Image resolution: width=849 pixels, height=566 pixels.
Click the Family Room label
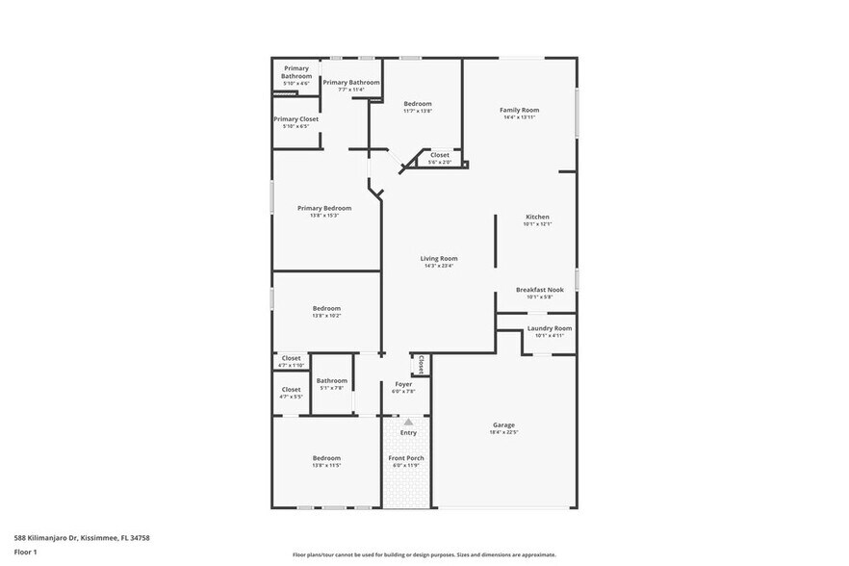coord(519,111)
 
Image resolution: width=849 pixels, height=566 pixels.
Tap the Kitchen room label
coord(536,217)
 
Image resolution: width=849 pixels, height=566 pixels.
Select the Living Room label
coord(438,258)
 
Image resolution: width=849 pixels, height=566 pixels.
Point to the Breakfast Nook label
coord(539,290)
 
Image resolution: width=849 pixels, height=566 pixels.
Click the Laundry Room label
coord(549,328)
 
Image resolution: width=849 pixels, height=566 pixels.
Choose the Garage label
coord(503,424)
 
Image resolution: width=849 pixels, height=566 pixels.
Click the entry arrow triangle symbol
coord(408,422)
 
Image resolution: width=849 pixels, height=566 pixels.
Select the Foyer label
coord(403,384)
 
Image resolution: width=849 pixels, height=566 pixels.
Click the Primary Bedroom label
coord(323,208)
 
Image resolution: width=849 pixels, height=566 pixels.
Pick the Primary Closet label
coord(296,119)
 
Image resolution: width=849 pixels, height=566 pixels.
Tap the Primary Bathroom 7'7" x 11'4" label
coord(350,83)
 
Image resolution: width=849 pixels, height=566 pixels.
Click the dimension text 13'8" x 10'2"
coord(325,316)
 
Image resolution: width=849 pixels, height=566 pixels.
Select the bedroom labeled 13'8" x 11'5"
coord(325,458)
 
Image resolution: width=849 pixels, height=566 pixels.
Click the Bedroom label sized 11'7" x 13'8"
coord(417,104)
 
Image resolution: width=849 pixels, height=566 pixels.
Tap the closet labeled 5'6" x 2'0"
coord(439,155)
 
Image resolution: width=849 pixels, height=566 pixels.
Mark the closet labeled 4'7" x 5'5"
coord(291,390)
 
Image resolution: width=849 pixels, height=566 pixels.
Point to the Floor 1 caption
coord(25,553)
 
